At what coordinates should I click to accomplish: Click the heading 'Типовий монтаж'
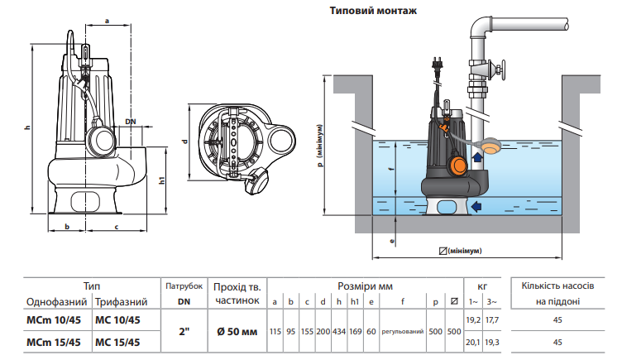point(373,10)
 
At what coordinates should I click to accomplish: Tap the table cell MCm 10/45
point(54,320)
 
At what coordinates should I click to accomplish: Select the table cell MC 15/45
point(117,342)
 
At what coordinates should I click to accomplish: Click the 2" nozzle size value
point(184,331)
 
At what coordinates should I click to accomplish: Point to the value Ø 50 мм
point(237,331)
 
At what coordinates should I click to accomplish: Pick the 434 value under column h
point(339,331)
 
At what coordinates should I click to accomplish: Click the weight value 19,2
point(473,320)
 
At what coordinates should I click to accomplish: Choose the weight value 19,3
point(491,342)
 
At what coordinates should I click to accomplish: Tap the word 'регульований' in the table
point(402,331)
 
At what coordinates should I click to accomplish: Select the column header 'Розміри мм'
point(365,286)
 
